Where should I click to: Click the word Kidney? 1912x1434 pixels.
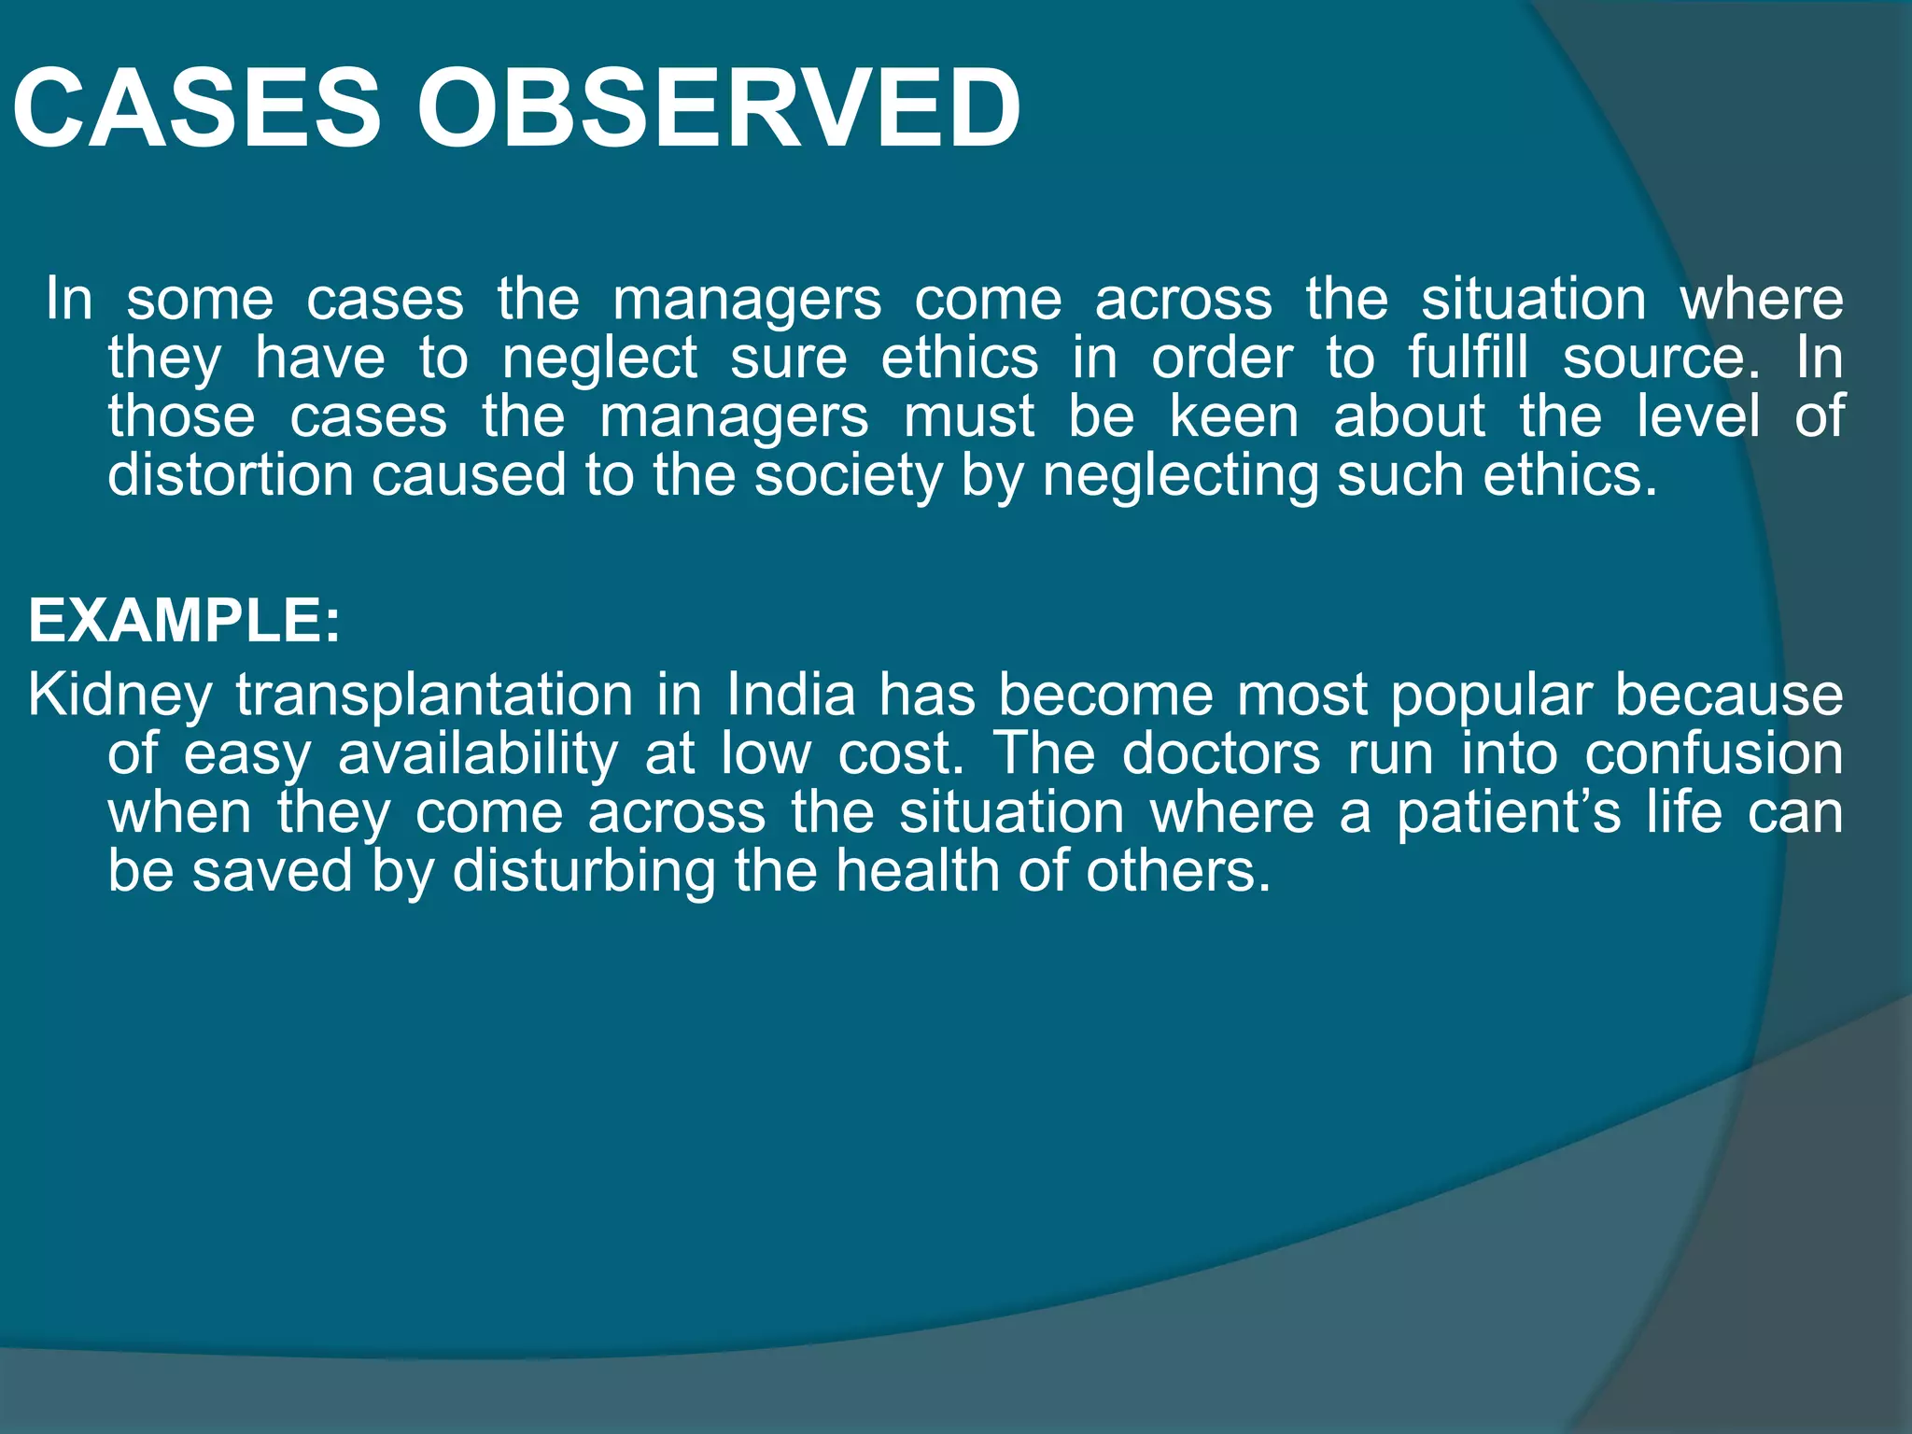(x=120, y=696)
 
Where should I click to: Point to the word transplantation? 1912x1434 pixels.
(x=434, y=696)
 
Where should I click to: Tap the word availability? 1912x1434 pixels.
(x=477, y=754)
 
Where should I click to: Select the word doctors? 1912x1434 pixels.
(x=1221, y=754)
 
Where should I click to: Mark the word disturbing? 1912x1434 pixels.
(x=583, y=872)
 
